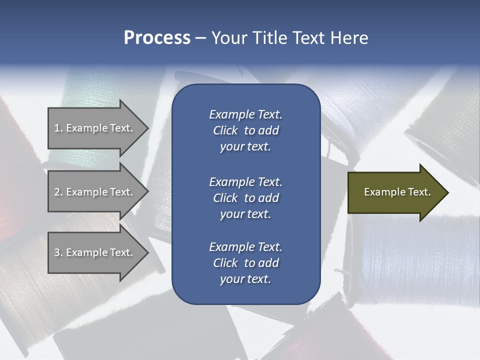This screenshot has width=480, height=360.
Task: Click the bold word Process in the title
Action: click(157, 38)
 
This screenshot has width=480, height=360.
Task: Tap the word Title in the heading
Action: click(269, 38)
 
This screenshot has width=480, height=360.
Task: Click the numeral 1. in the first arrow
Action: click(58, 128)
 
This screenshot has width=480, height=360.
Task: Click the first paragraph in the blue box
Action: click(245, 130)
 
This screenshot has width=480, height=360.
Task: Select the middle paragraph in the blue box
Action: click(245, 198)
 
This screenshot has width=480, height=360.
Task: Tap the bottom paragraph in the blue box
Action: click(245, 263)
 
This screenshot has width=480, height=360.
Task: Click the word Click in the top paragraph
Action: click(225, 130)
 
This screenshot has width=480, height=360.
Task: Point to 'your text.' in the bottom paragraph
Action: click(245, 279)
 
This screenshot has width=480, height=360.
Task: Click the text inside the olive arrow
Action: click(397, 192)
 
